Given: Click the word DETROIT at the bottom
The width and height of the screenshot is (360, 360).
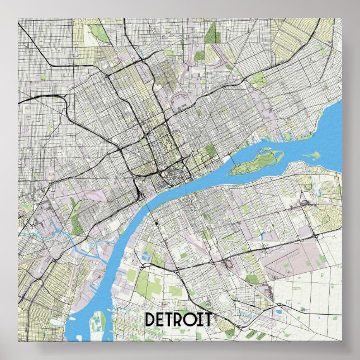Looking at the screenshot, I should click(178, 320).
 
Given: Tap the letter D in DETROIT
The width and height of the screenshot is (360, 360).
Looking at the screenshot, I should click(150, 320).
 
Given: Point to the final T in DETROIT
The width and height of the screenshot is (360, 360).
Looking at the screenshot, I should click(207, 320).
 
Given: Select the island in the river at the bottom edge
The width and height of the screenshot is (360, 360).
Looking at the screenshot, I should click(98, 325).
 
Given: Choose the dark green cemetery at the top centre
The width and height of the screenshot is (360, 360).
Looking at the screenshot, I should click(212, 34).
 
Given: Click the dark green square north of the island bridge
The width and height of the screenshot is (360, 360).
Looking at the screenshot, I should click(210, 150).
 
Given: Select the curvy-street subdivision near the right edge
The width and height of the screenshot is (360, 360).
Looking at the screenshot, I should click(327, 215).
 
